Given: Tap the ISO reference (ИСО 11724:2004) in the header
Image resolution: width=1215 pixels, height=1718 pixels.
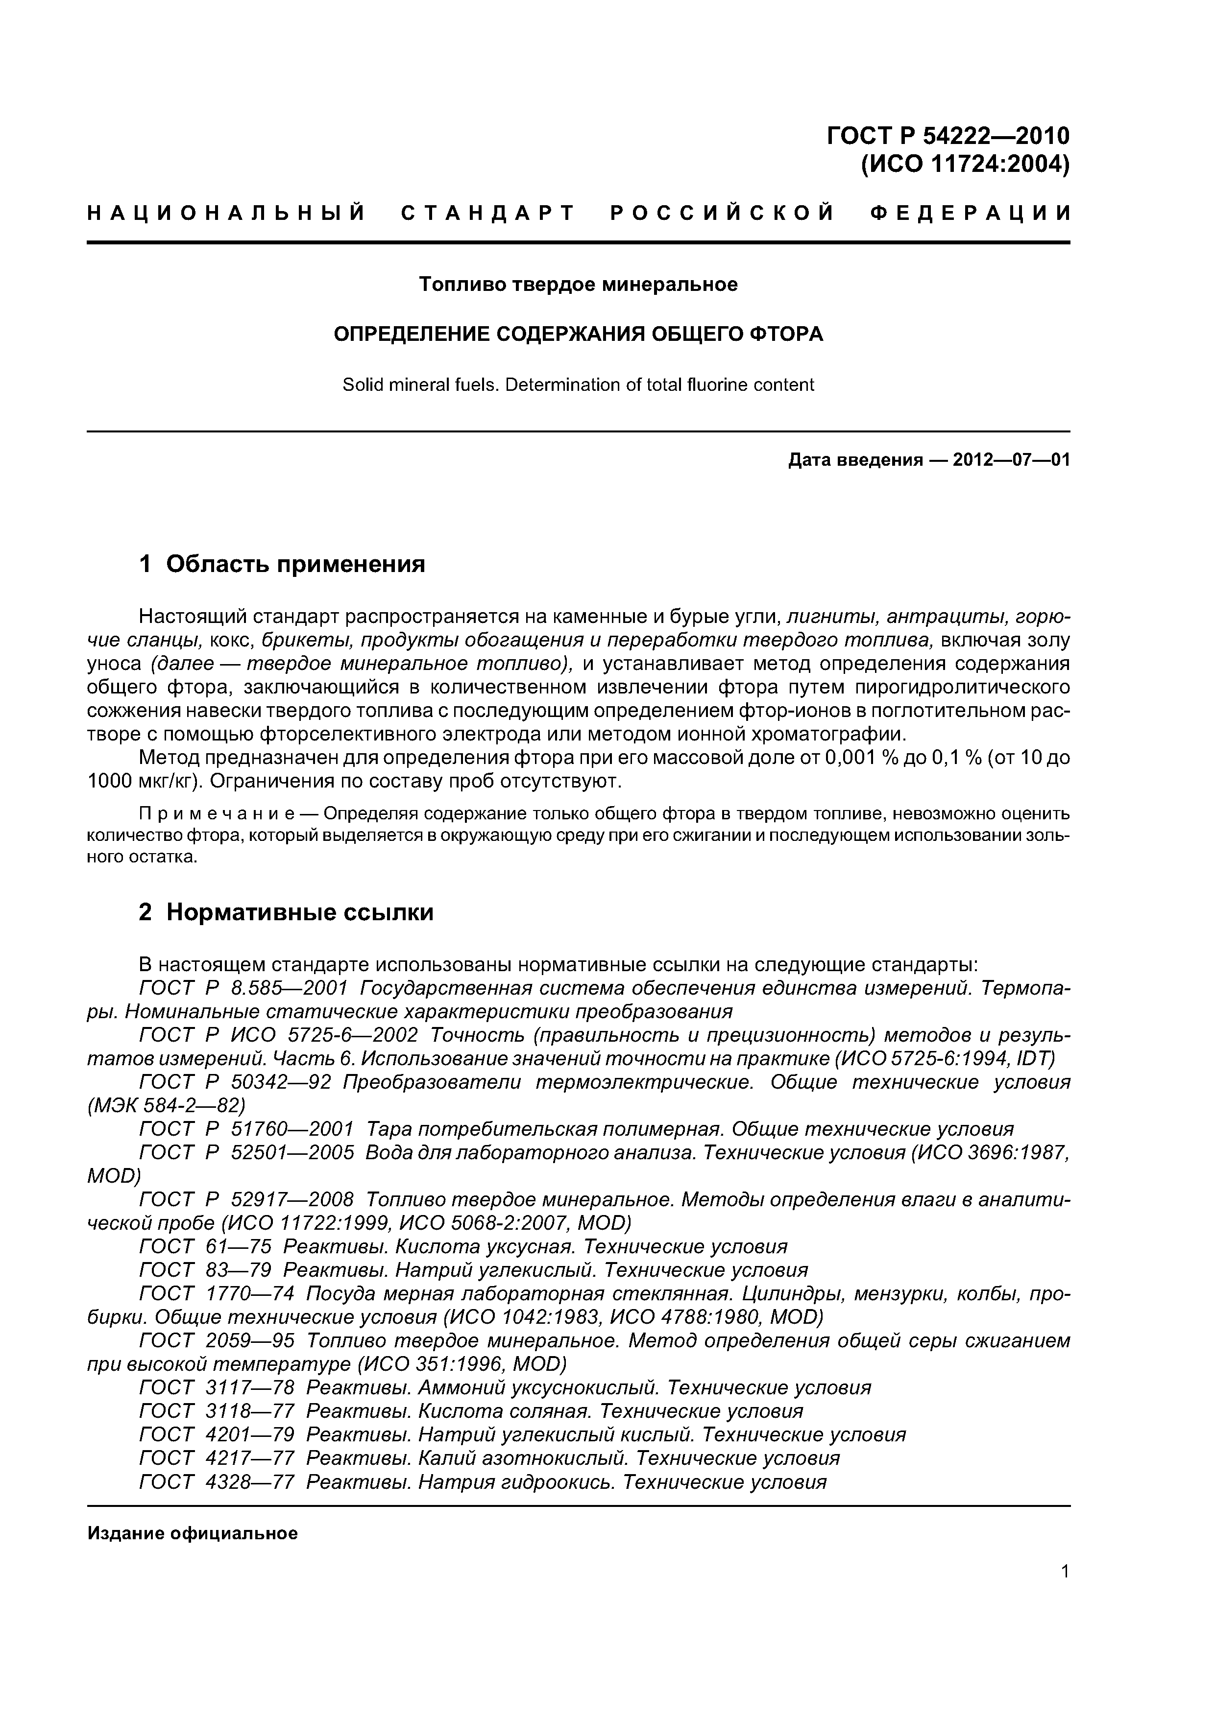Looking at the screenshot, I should pyautogui.click(x=964, y=164).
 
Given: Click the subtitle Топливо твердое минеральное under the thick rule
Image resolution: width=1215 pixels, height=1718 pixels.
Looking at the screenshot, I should pyautogui.click(x=578, y=285).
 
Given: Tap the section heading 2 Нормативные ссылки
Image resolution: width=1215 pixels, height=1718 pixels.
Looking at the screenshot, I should pyautogui.click(x=286, y=912).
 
